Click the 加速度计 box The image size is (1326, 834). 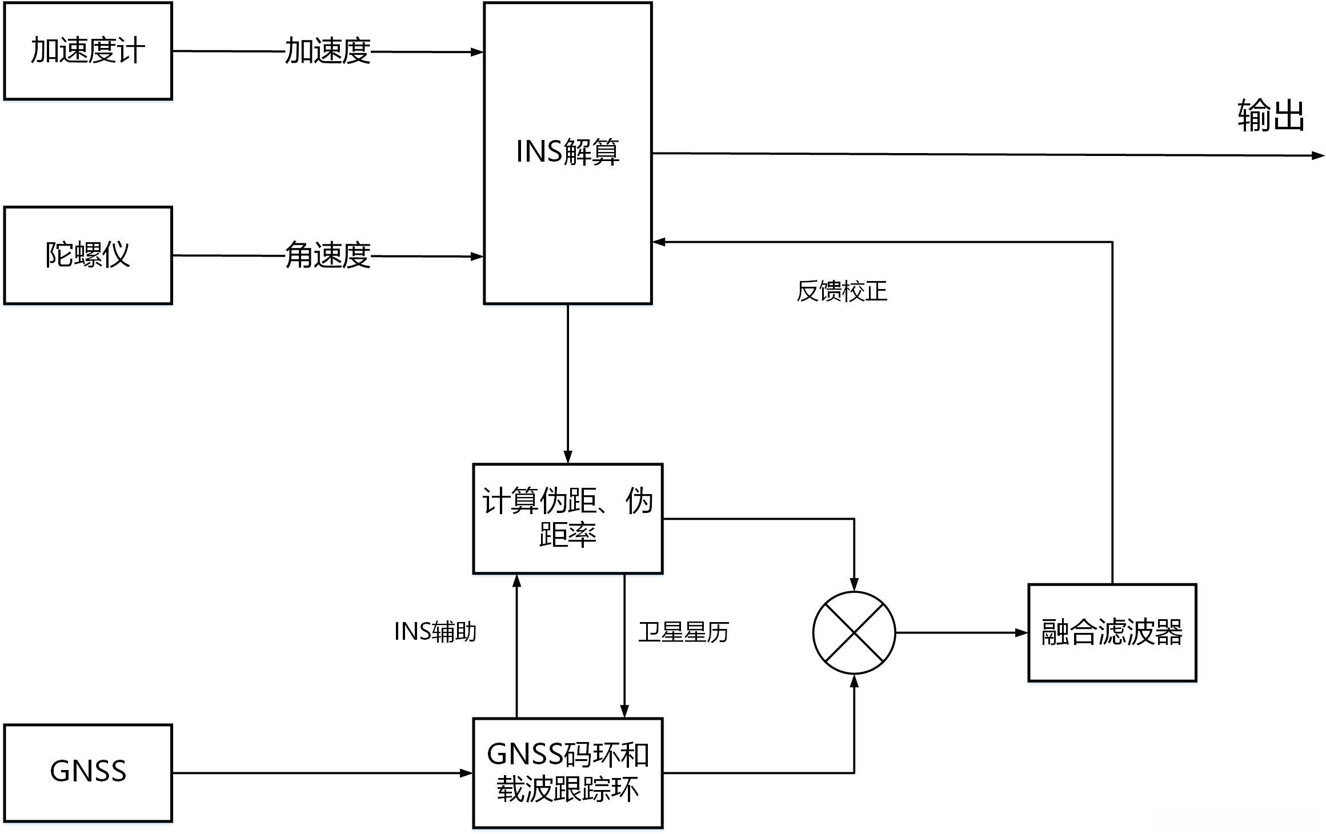coord(88,51)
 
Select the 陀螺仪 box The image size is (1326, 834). coord(88,255)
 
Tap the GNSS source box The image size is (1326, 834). coord(88,772)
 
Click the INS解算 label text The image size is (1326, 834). coord(567,152)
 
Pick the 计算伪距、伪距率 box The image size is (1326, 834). coord(567,518)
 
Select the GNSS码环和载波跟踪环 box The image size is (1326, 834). coord(567,772)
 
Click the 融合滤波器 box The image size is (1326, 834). coord(1112,632)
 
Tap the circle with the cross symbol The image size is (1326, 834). coord(854,632)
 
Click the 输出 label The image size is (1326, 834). coord(1271,115)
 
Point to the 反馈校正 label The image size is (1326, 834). coord(842,291)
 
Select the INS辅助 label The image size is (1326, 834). coord(435,632)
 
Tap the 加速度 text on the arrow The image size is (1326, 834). coord(328,51)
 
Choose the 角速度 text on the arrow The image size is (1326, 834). coord(328,255)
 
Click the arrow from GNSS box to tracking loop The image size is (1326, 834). coord(320,773)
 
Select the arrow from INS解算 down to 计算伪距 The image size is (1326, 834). coord(567,383)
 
